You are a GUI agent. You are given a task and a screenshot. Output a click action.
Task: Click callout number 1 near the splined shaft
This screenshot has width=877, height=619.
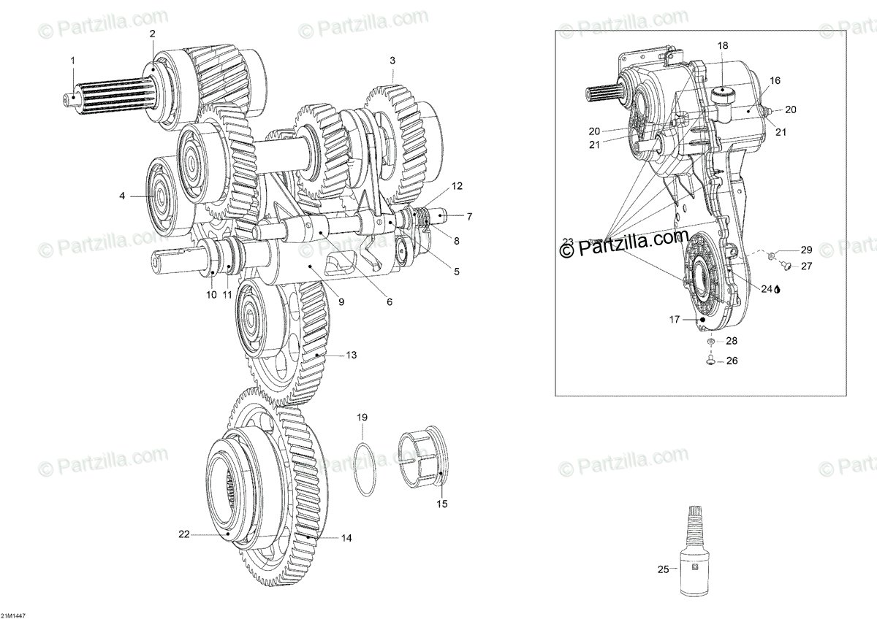72,61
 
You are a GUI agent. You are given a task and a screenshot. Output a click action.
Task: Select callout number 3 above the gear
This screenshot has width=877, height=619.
392,60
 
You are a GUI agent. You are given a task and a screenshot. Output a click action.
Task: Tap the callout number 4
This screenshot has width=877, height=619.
123,196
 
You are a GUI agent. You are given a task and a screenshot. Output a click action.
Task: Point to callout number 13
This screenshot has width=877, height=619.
352,355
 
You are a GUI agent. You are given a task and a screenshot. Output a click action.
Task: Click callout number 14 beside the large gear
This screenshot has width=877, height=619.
346,538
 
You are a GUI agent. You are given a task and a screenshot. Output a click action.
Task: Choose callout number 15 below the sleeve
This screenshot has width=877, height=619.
441,504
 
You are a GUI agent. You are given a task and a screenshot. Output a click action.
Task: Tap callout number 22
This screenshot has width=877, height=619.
184,534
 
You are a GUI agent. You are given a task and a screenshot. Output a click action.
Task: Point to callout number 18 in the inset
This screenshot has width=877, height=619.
723,46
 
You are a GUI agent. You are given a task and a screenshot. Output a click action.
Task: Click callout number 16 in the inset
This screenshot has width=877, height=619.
775,80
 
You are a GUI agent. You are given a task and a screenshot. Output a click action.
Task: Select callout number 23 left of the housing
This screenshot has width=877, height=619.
568,242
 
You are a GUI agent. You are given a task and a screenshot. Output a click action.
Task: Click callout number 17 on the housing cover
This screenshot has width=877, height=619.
674,319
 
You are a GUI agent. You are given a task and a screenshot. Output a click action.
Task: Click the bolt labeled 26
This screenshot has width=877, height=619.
710,360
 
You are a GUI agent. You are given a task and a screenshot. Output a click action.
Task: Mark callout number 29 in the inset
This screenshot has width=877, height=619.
806,250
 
